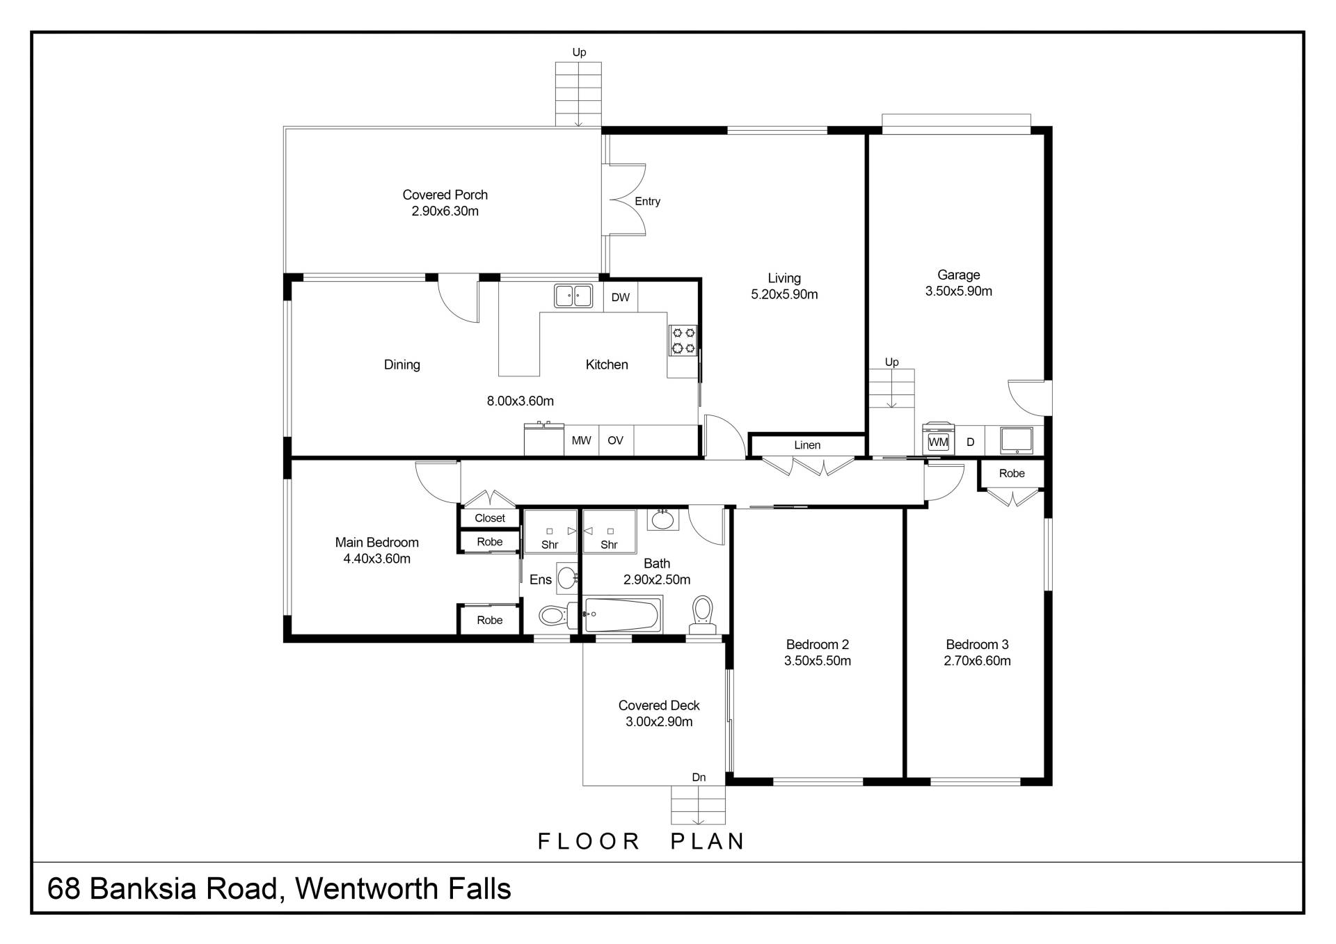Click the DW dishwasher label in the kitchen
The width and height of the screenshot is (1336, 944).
point(620,298)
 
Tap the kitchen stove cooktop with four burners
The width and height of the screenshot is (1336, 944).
point(683,341)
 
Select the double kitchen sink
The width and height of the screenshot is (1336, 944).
point(573,296)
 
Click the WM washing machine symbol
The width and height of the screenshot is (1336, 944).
point(938,441)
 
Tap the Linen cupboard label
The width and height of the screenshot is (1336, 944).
point(807,445)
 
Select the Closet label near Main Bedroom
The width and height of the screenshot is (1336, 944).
point(490,518)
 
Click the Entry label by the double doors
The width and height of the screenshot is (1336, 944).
point(647,202)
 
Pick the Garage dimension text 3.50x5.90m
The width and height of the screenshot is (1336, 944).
point(958,291)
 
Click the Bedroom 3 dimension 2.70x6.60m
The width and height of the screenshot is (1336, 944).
point(977,661)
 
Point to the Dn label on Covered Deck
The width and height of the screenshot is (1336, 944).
point(699,778)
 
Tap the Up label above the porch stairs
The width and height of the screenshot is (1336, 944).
point(579,52)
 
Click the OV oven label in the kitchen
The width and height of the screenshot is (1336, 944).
point(615,440)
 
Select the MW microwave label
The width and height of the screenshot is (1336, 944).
point(581,440)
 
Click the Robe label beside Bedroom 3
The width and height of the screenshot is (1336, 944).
point(1012,474)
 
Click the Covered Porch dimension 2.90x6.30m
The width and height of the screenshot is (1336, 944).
point(445,211)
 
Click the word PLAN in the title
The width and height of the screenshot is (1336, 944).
point(707,842)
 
